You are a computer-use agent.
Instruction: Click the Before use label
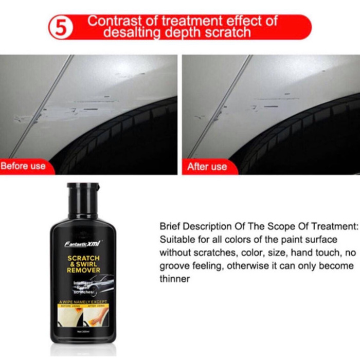[x=23, y=166]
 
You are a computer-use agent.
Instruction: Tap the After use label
[x=207, y=166]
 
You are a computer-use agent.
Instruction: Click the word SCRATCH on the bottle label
[x=82, y=255]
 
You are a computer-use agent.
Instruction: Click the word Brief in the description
[x=170, y=226]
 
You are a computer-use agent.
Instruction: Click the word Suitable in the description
[x=176, y=240]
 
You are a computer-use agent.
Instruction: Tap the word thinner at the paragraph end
[x=175, y=280]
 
